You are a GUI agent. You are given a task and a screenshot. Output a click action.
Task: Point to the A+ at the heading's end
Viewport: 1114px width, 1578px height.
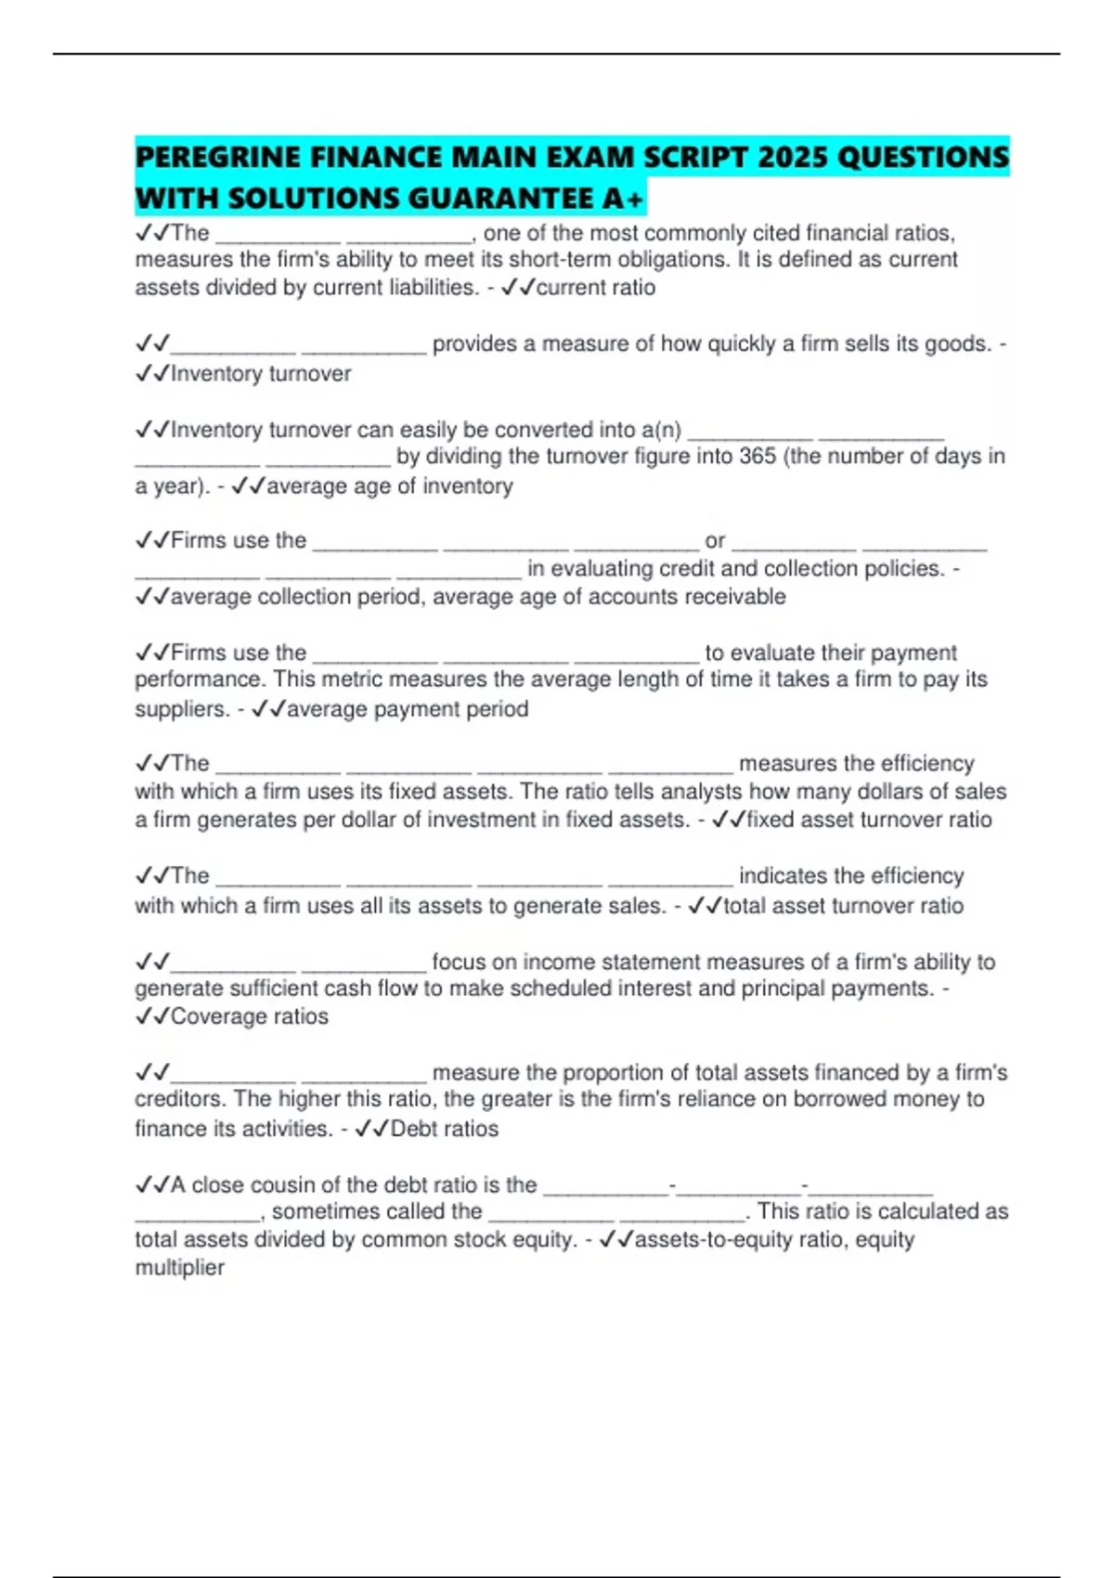(x=623, y=199)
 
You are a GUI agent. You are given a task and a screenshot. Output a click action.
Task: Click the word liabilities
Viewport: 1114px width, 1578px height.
(x=432, y=288)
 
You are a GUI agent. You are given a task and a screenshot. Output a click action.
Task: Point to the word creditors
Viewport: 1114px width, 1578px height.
(x=179, y=1100)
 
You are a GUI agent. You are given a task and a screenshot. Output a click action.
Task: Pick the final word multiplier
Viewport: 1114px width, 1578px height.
(x=180, y=1268)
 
